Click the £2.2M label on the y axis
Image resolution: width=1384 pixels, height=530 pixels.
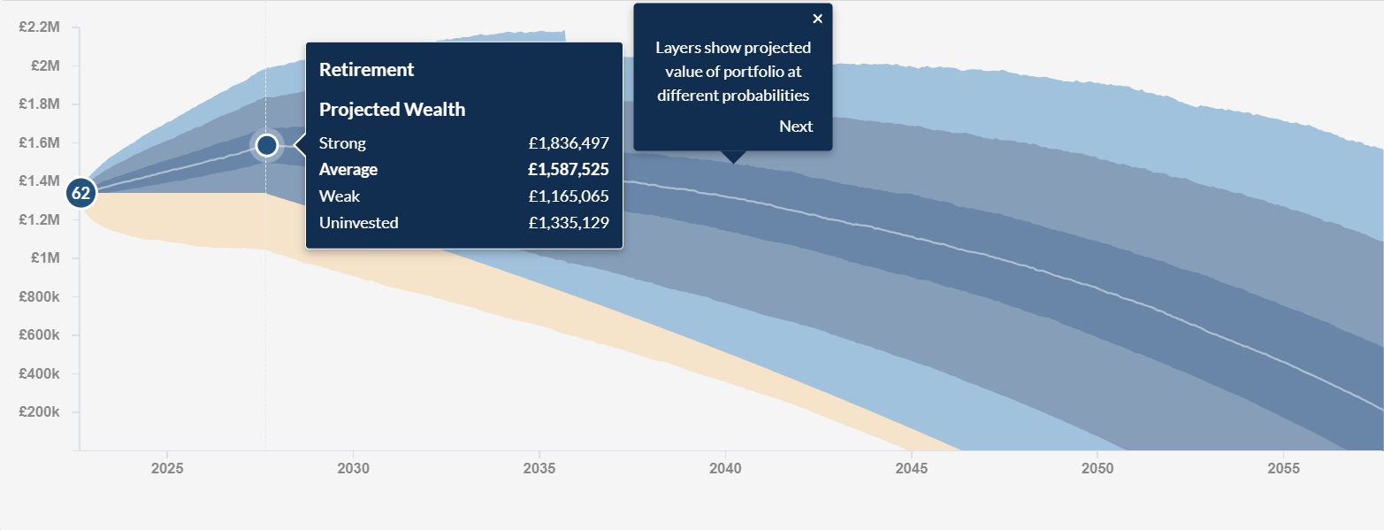tap(39, 27)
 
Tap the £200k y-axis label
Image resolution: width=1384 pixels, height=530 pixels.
tap(39, 412)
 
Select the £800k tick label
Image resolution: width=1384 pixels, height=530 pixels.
tap(39, 297)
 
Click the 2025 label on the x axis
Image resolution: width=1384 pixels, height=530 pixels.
tap(167, 468)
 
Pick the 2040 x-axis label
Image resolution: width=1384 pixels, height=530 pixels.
tap(725, 468)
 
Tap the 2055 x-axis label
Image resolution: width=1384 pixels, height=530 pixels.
tap(1283, 468)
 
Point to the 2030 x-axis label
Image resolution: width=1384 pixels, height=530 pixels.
tap(353, 468)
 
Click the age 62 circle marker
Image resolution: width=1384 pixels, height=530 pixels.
tap(80, 192)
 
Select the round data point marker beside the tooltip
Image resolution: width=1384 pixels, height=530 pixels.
tap(266, 144)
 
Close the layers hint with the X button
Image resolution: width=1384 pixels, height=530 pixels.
tap(817, 19)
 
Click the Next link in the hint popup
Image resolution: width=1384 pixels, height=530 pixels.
tap(795, 127)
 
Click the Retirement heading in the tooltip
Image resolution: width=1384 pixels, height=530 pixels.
tap(366, 70)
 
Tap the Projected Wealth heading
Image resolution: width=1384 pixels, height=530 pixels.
tap(392, 110)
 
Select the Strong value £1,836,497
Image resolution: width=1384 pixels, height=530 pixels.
tap(569, 143)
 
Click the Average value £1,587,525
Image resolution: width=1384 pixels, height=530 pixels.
tap(569, 170)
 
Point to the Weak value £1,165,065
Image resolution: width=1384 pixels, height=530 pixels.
tap(569, 196)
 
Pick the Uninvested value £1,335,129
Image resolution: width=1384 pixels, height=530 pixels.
tap(569, 223)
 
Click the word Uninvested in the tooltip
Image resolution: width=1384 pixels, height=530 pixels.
tap(358, 223)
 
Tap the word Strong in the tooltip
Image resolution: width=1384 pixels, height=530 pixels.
tap(342, 143)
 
